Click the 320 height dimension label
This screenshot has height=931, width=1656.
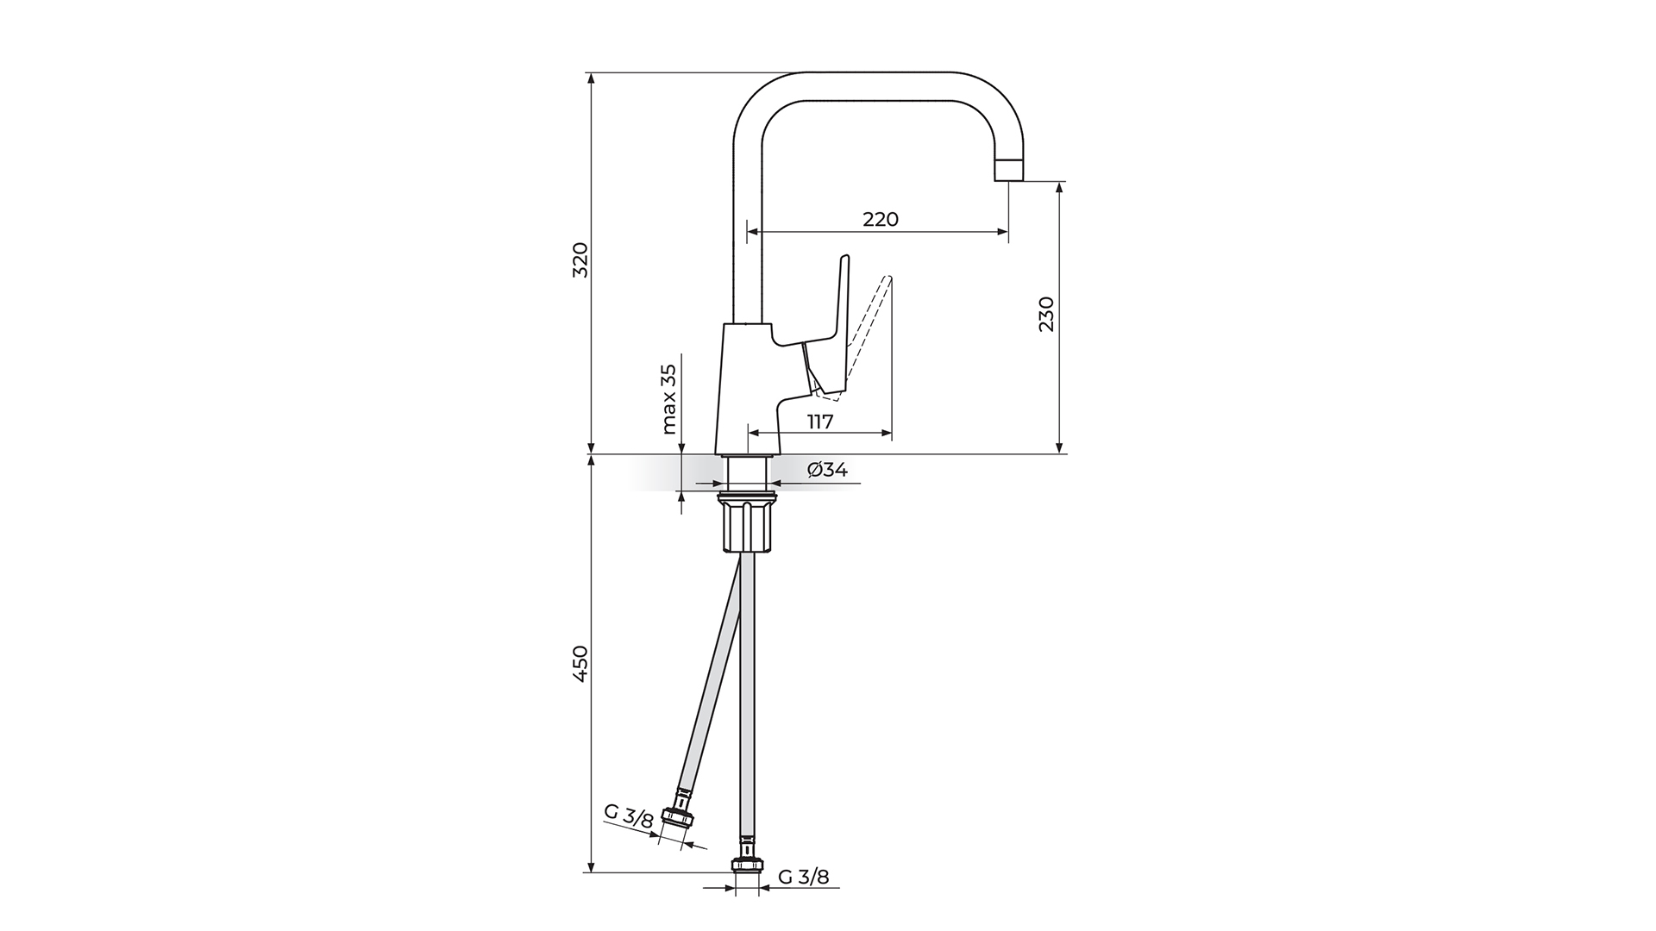pyautogui.click(x=580, y=259)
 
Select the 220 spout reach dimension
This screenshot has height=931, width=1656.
pyautogui.click(x=880, y=219)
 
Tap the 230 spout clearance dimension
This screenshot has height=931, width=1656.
pyautogui.click(x=1045, y=315)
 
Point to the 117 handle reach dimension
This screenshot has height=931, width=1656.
pyautogui.click(x=819, y=422)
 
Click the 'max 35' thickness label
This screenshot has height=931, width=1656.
pyautogui.click(x=668, y=398)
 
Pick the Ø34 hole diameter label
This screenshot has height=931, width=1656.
pyautogui.click(x=827, y=470)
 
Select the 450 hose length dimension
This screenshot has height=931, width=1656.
pyautogui.click(x=580, y=664)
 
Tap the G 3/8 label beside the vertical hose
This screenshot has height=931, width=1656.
pyautogui.click(x=803, y=878)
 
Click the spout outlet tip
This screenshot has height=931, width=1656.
pyautogui.click(x=1008, y=170)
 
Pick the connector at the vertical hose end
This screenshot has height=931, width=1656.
pyautogui.click(x=747, y=865)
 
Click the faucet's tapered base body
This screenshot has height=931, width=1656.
pyautogui.click(x=746, y=388)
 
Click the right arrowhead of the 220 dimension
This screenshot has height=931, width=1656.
pyautogui.click(x=1003, y=231)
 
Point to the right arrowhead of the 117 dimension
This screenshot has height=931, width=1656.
pyautogui.click(x=887, y=434)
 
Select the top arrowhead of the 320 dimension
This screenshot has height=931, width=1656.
pyautogui.click(x=591, y=78)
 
